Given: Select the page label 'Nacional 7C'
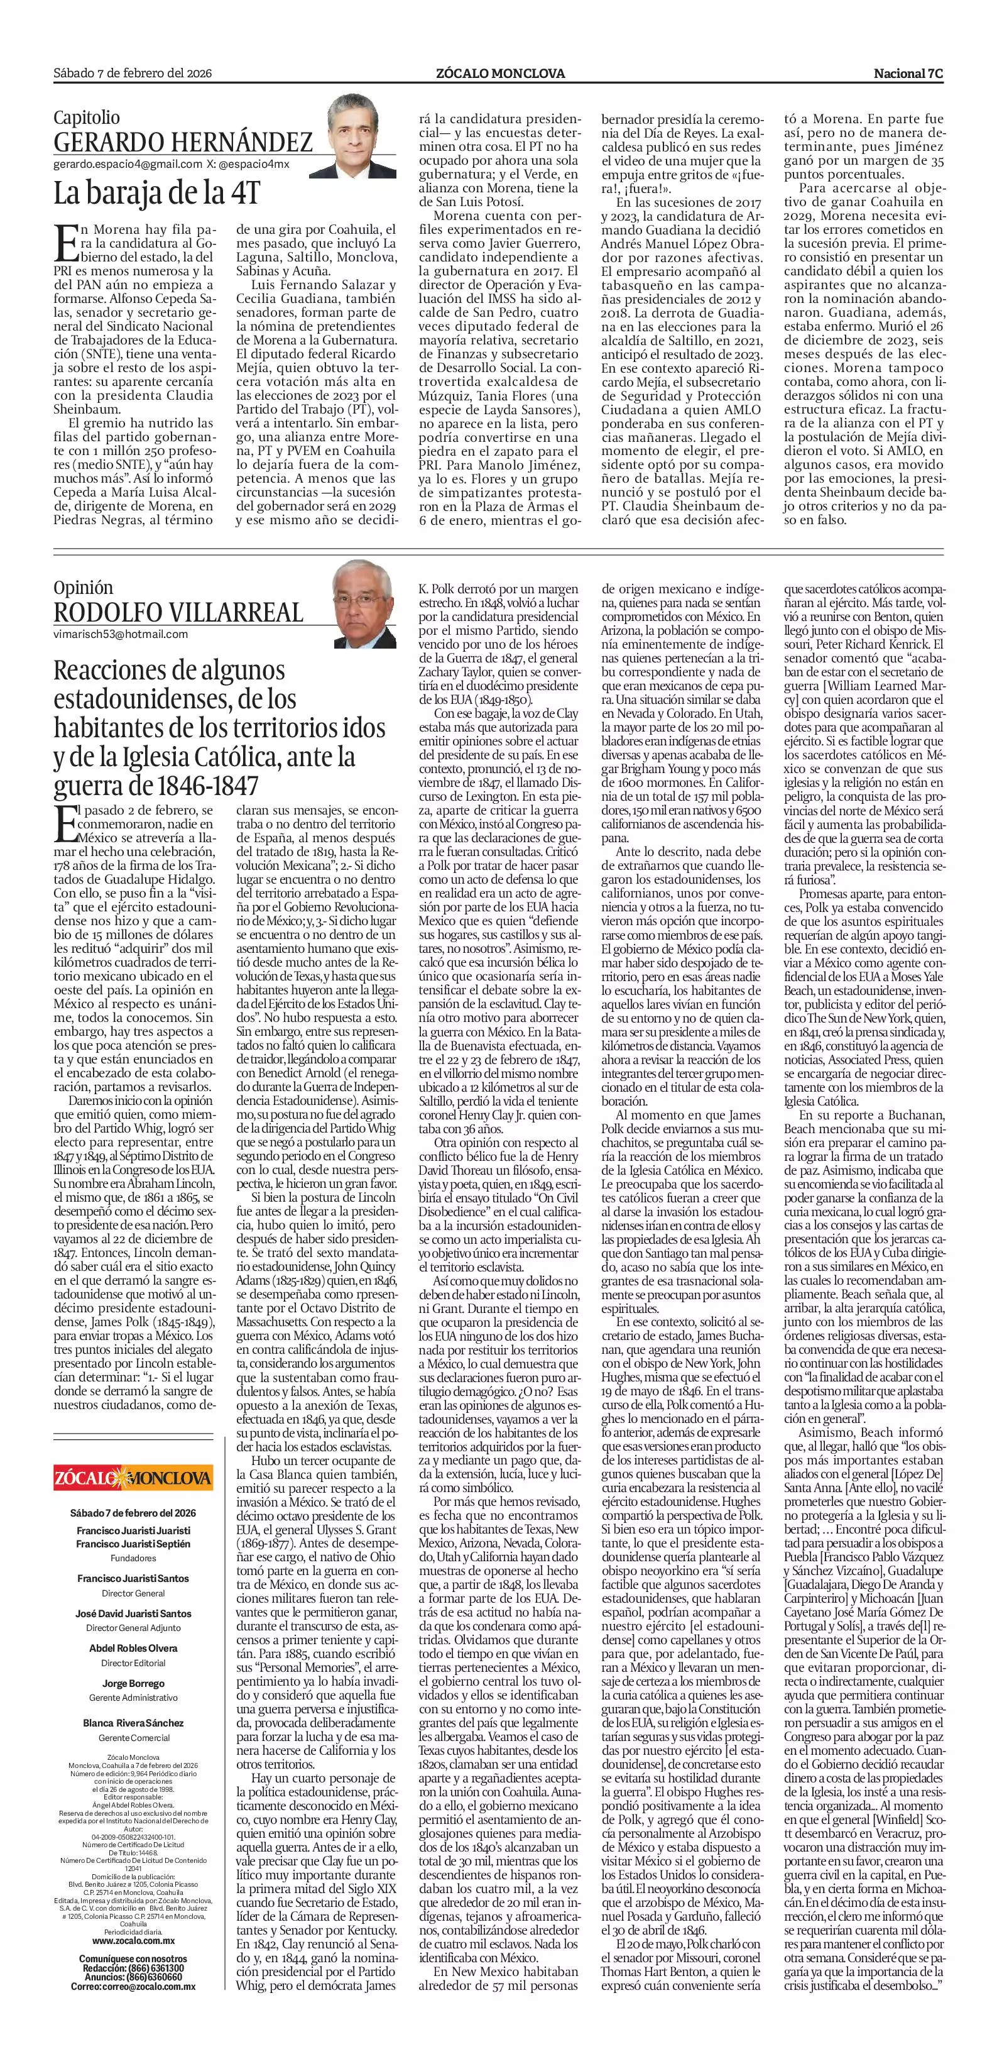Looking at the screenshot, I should pyautogui.click(x=908, y=74).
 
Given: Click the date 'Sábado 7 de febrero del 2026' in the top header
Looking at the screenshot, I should pyautogui.click(x=132, y=74).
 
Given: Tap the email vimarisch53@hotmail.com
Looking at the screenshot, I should pyautogui.click(x=121, y=634).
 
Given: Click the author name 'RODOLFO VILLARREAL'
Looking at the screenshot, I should pyautogui.click(x=178, y=612).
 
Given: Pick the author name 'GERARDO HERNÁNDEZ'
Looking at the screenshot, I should pyautogui.click(x=183, y=142).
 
